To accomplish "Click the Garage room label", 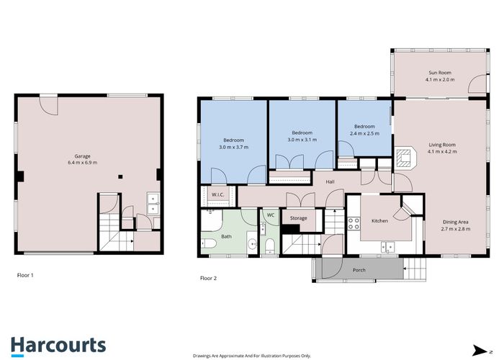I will click(86, 156).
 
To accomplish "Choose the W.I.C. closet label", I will click(219, 194).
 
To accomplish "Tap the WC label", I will click(270, 215).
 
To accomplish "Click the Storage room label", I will click(299, 217).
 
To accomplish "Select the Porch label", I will click(359, 271).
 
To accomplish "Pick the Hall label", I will click(330, 182).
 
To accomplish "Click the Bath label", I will click(226, 236).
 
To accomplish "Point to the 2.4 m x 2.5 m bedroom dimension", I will click(364, 134).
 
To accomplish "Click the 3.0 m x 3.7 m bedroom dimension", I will click(233, 147).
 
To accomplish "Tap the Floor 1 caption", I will click(25, 275).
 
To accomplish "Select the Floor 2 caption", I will click(209, 277).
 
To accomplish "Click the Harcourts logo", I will click(58, 346).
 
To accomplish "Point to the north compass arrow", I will click(479, 350).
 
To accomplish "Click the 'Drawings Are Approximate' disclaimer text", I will click(252, 356).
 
